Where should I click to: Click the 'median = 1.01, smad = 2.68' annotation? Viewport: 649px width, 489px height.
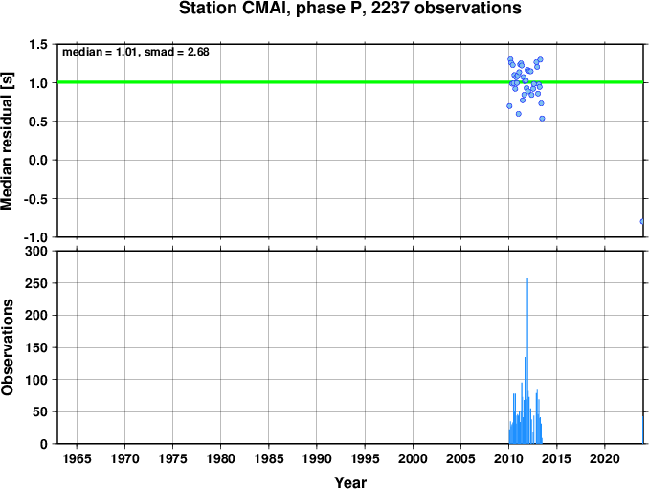136,52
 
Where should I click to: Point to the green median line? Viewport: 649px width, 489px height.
350,82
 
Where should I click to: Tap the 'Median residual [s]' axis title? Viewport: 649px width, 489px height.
7,141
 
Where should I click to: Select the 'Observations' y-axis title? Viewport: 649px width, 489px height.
7,347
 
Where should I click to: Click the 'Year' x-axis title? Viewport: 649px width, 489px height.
350,482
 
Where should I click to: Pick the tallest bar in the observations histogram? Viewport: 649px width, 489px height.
527,361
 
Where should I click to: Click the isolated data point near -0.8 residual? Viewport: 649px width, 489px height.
642,222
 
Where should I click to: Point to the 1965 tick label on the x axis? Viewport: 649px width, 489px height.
77,458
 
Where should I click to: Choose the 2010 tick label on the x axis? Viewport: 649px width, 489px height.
508,458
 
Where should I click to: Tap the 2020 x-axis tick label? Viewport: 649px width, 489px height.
605,458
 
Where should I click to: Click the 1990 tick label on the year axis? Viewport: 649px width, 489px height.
317,458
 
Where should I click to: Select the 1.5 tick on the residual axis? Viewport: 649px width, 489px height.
38,44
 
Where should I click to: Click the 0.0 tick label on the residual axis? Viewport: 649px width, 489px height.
38,160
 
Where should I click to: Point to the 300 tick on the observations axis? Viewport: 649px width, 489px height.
36,251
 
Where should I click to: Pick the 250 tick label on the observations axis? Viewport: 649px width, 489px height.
36,283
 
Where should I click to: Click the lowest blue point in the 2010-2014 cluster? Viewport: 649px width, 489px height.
542,119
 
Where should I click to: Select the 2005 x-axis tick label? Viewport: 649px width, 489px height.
460,458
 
